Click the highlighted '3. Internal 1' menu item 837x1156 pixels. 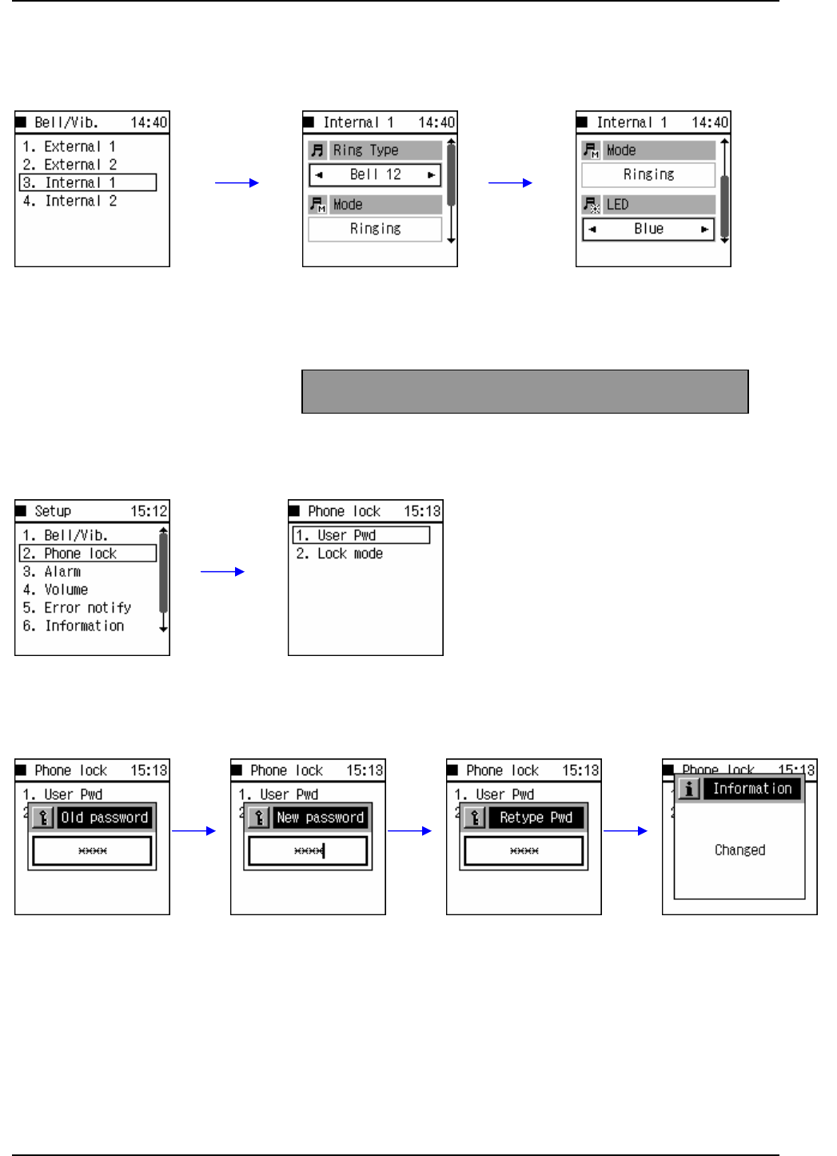[x=87, y=182]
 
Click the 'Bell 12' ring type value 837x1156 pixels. [x=375, y=174]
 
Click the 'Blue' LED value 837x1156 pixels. [x=648, y=229]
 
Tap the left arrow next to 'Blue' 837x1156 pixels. [x=592, y=229]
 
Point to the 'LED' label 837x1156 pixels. [x=617, y=205]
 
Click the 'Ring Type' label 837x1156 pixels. [x=365, y=150]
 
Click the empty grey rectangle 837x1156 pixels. [x=524, y=391]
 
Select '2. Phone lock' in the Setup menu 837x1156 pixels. [x=87, y=554]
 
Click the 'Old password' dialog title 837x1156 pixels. [x=104, y=818]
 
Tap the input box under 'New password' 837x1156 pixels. [x=308, y=851]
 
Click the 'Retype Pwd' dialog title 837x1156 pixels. [x=536, y=818]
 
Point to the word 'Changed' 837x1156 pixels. [x=739, y=850]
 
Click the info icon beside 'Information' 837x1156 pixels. [x=689, y=789]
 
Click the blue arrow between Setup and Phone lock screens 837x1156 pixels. [x=222, y=571]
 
